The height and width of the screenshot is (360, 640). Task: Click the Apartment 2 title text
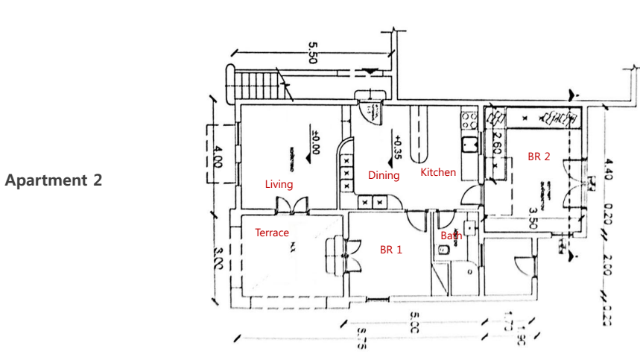(54, 180)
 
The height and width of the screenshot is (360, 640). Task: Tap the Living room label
(279, 184)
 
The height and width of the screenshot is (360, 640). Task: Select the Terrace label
(272, 233)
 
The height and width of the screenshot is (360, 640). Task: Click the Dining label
(384, 176)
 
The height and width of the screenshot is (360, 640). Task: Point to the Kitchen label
(438, 172)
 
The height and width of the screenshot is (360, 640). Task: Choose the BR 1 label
(390, 250)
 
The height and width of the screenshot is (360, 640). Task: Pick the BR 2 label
(539, 157)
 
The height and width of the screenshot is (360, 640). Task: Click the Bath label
(451, 236)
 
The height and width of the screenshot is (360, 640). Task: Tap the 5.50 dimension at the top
(312, 54)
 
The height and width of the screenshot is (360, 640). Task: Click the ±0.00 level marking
(316, 142)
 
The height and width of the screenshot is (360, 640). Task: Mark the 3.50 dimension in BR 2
(533, 203)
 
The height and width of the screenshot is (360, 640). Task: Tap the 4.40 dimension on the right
(609, 171)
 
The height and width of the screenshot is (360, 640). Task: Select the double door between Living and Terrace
(287, 205)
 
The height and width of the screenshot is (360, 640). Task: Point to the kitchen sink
(469, 144)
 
